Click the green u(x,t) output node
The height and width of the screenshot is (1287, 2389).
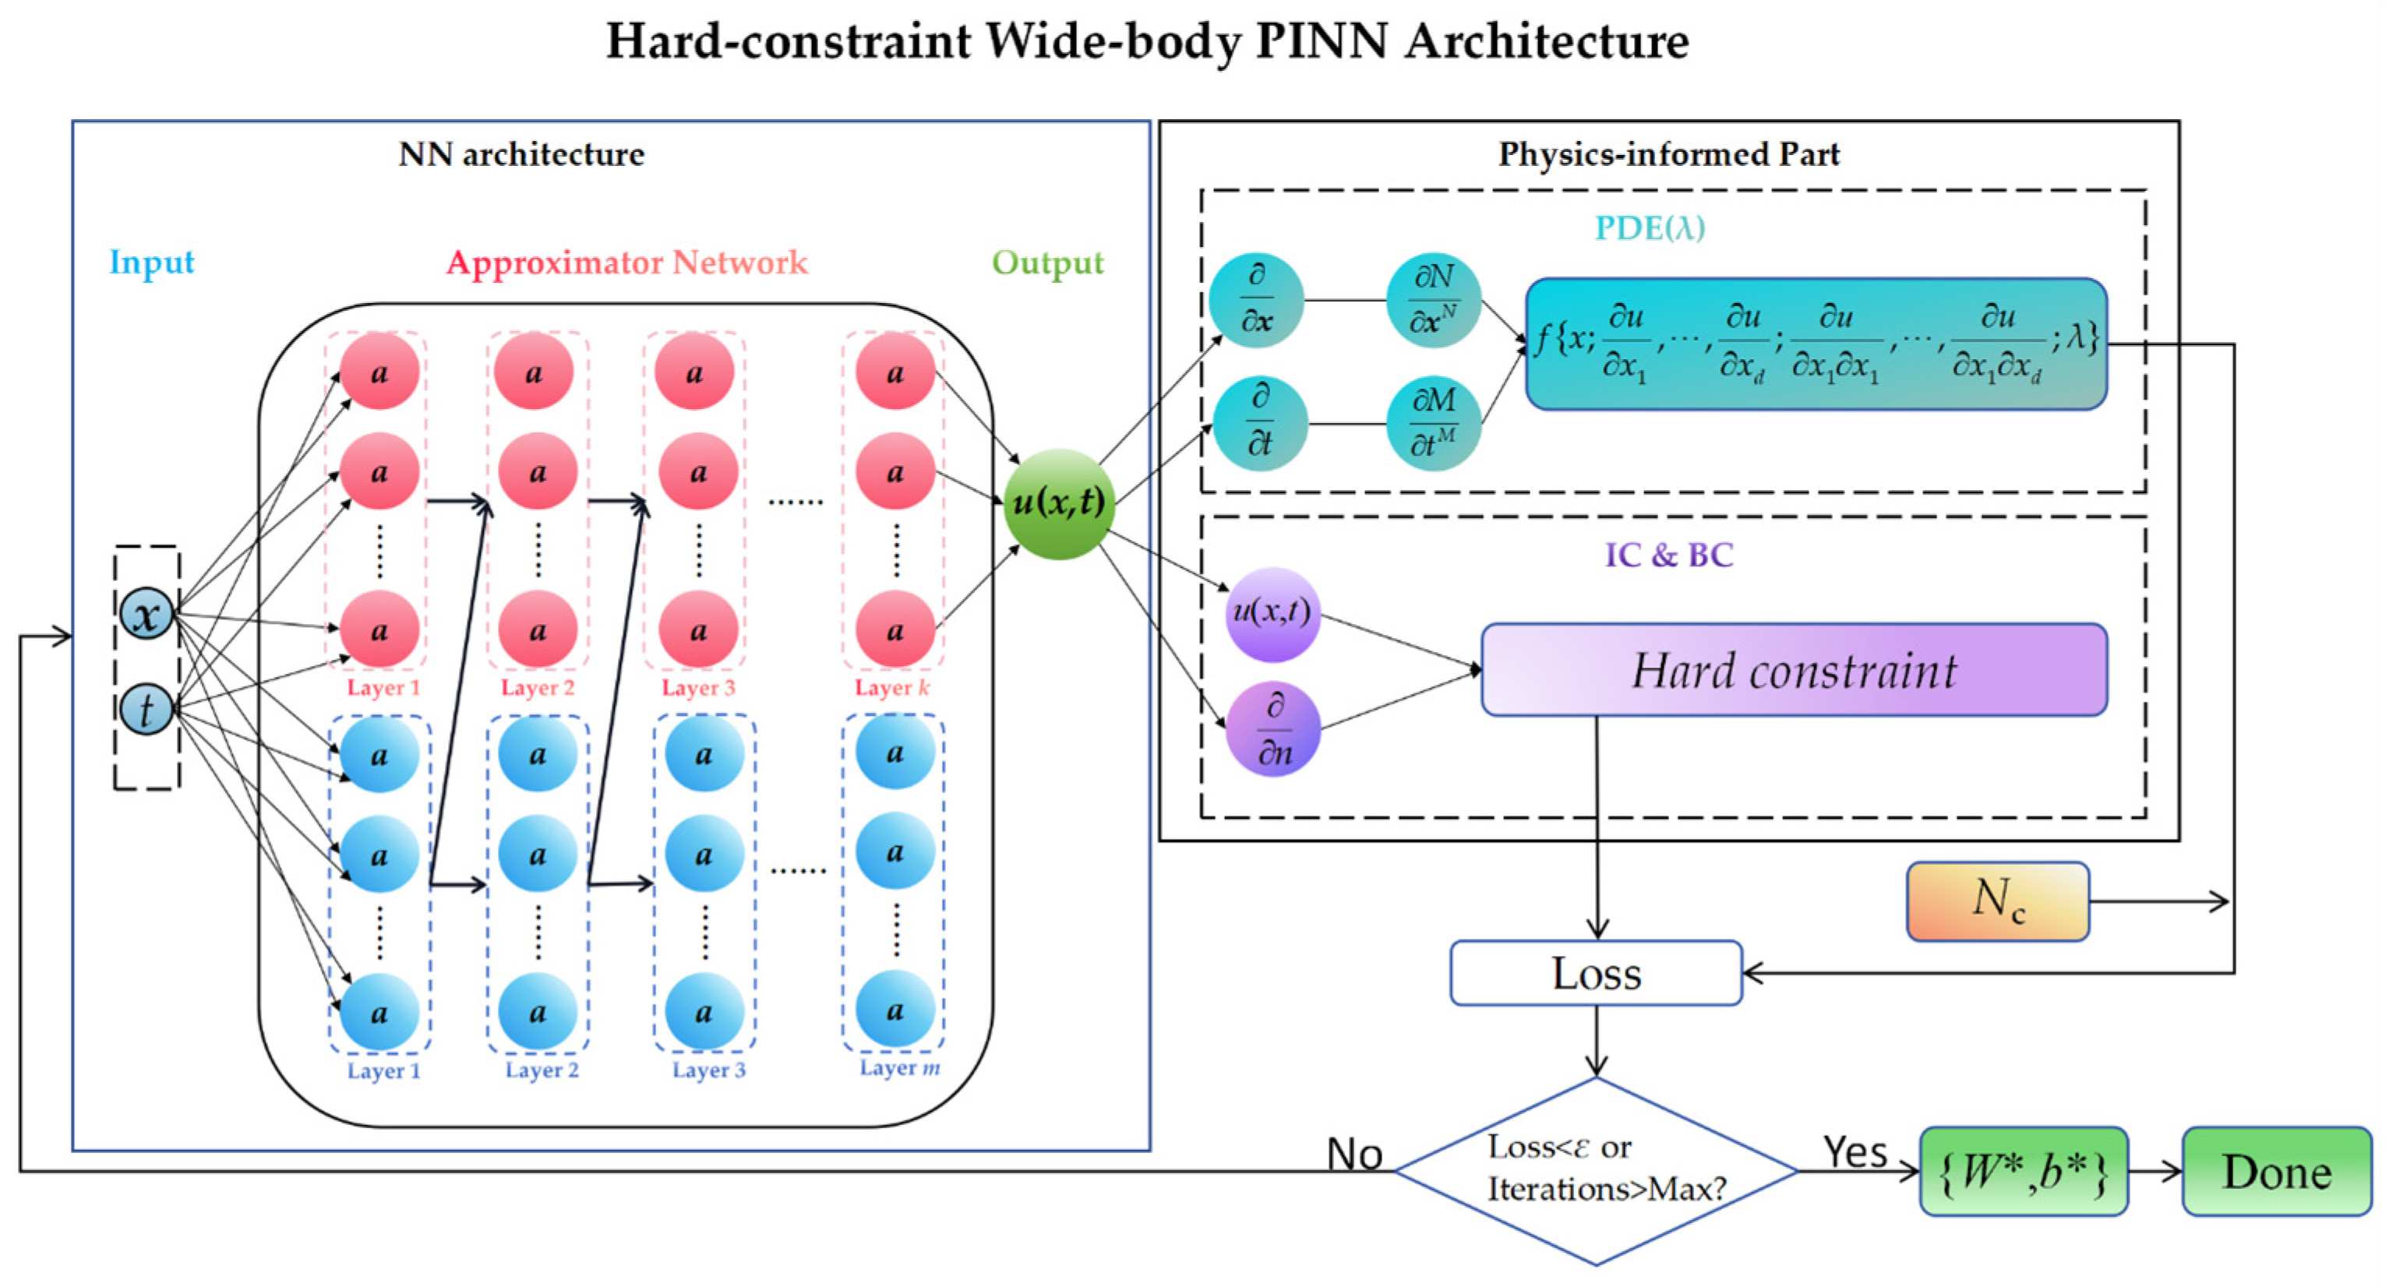pos(1058,503)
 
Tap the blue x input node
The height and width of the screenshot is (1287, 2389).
pos(146,615)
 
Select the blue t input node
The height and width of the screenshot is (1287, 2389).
pos(146,710)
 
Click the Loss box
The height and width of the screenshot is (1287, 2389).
pos(1596,974)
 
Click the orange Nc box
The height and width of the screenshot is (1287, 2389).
pos(1998,901)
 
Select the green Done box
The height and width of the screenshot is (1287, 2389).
pos(2276,1172)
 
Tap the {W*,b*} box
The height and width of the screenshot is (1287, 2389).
pos(2023,1172)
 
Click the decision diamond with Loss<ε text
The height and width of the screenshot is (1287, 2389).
pos(1596,1170)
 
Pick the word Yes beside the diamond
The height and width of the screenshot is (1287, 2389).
pos(1854,1152)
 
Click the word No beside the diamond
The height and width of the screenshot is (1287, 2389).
pos(1354,1155)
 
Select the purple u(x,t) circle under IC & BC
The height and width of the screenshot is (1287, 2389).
pos(1272,614)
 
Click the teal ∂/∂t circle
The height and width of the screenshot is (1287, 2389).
pos(1259,423)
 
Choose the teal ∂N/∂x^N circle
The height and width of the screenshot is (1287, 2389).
pos(1433,299)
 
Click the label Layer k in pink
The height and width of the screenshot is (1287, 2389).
pos(891,687)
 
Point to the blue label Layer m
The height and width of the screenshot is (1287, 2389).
pos(898,1068)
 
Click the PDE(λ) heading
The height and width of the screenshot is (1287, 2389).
pos(1649,228)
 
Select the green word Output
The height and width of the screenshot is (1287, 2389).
pos(1047,263)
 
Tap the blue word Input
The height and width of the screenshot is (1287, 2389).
pos(151,263)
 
